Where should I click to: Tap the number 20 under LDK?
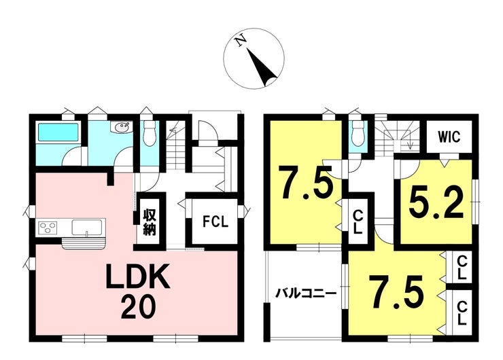tap(139, 307)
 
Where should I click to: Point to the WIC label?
tap(449, 137)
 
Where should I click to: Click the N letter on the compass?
tap(240, 42)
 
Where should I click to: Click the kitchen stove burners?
tap(49, 227)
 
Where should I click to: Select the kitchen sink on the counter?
tap(87, 226)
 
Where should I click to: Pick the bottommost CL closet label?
tap(462, 311)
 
